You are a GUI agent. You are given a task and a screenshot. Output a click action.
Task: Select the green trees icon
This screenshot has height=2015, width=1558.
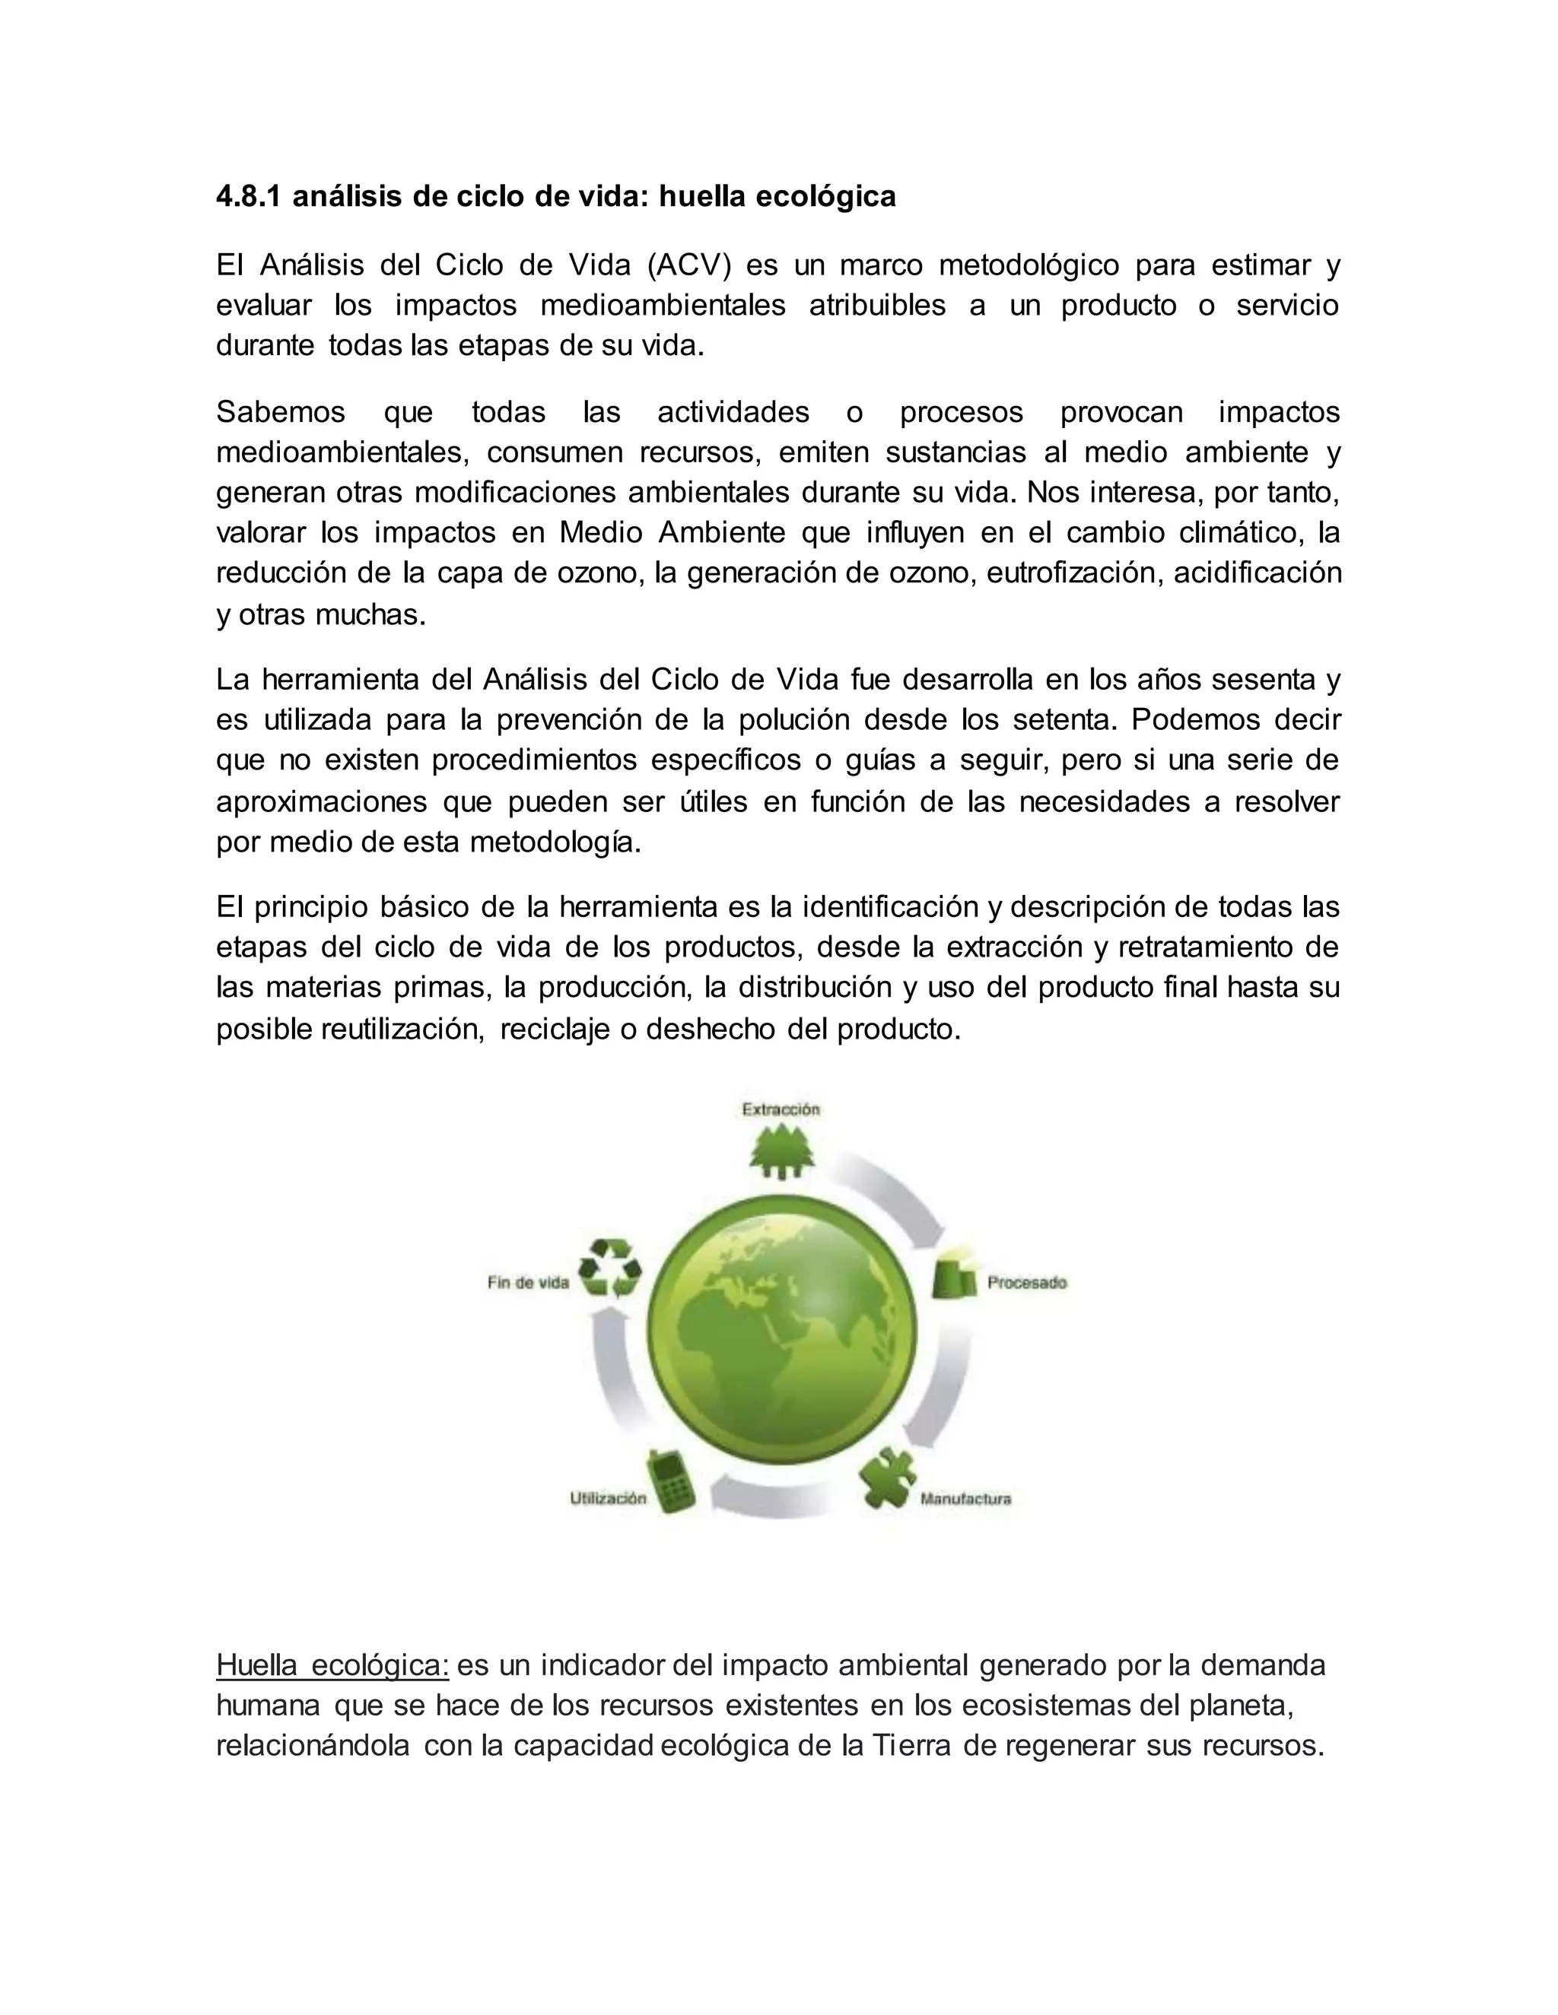coord(781,1154)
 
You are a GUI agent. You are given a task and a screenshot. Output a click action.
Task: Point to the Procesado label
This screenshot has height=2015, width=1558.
coord(1026,1283)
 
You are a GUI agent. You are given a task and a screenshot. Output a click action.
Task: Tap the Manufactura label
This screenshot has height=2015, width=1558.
coord(965,1499)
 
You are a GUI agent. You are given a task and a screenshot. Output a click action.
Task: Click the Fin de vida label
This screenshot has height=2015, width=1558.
coord(528,1283)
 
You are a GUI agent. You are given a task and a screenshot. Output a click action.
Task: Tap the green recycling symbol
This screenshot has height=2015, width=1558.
coord(609,1270)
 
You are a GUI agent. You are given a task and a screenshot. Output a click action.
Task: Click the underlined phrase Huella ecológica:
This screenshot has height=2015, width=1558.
coord(332,1665)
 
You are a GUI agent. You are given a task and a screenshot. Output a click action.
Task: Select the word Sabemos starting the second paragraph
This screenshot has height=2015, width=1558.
coord(281,412)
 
